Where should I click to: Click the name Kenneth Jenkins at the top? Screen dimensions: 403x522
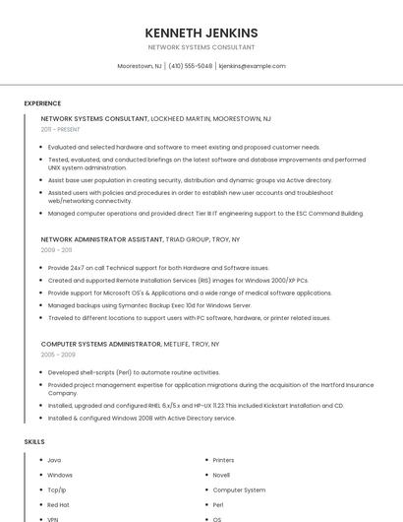(x=201, y=33)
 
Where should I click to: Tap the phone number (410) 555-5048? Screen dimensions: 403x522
(x=191, y=66)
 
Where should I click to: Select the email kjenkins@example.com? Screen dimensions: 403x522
(x=252, y=66)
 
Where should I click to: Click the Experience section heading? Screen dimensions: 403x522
(x=42, y=103)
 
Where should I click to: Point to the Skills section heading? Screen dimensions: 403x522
(x=34, y=442)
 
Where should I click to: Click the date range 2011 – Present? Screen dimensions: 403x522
(x=61, y=129)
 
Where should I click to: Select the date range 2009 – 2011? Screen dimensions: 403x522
(x=56, y=250)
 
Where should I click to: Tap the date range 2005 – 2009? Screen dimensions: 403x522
(x=58, y=355)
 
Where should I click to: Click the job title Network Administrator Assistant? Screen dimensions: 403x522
(x=100, y=239)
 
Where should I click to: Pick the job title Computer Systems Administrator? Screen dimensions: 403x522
(x=100, y=344)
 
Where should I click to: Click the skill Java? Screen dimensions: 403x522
(x=54, y=460)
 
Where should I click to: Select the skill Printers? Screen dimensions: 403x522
(x=223, y=460)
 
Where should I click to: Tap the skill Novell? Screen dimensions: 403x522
(x=221, y=475)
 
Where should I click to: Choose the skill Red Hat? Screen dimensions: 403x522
(x=58, y=504)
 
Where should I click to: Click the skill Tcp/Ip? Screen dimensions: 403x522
(x=57, y=489)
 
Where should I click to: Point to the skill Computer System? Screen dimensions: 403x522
(x=239, y=489)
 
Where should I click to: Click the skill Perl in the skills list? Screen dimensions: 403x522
(x=218, y=504)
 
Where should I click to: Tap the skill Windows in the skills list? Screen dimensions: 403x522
(x=60, y=475)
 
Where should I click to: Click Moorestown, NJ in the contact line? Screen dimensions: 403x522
(x=140, y=66)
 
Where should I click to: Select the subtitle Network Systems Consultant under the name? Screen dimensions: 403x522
(x=201, y=47)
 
